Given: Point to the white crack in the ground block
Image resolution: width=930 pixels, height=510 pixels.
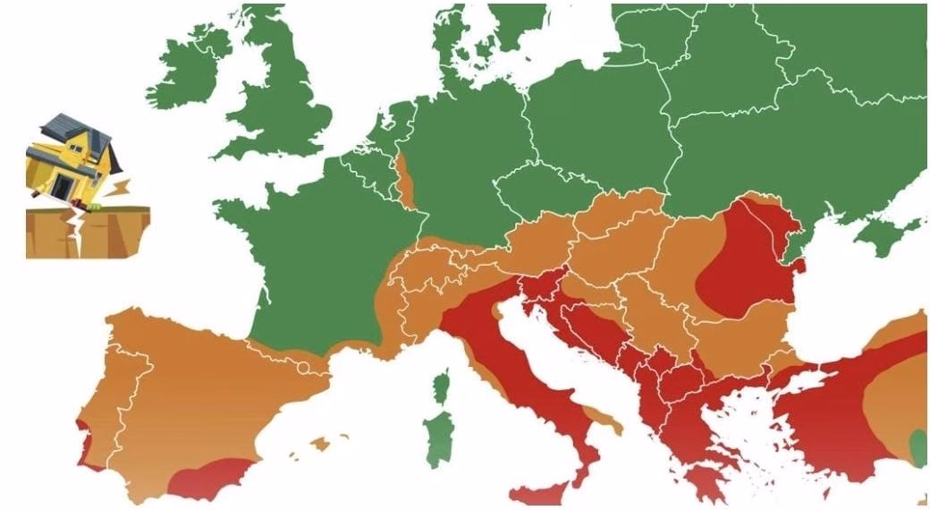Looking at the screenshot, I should point(79,234).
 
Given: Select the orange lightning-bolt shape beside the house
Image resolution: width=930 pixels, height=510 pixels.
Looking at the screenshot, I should point(120,189).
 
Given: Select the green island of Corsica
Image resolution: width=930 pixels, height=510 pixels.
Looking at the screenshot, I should point(441,387).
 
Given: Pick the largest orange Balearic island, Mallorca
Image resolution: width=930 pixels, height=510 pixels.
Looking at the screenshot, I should point(318,442).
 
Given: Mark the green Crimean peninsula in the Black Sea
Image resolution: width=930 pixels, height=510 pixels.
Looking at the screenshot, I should point(881,234).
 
